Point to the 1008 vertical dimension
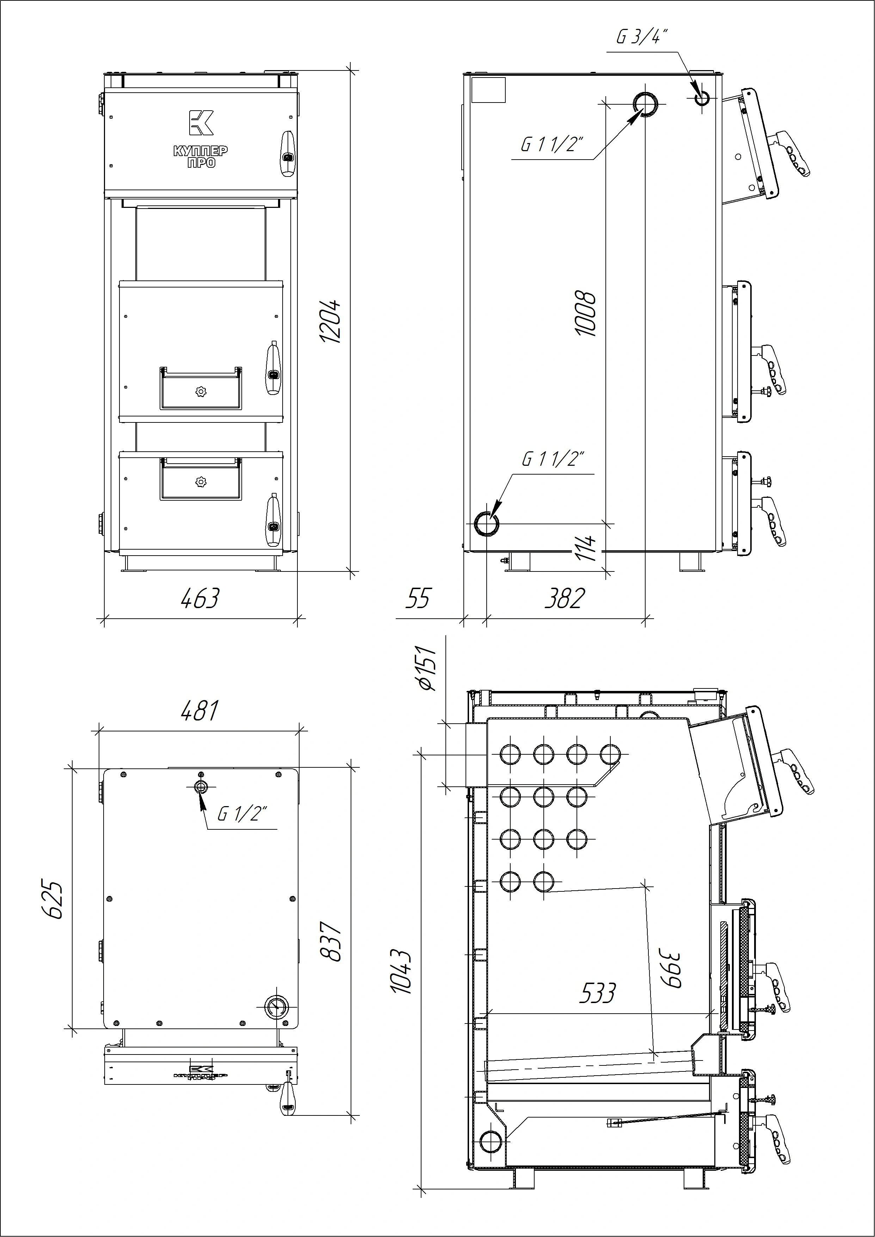click(586, 314)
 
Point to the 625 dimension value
click(53, 900)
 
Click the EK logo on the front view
click(201, 122)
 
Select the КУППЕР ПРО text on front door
click(201, 156)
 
